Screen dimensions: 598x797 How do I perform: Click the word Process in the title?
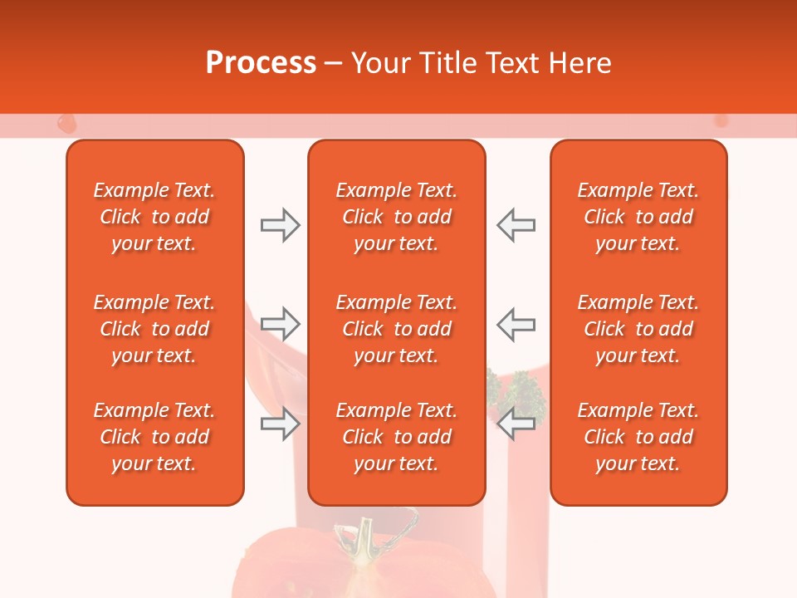pos(261,63)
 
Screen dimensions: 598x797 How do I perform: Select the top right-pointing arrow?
pos(280,225)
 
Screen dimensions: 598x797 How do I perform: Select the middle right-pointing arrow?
pos(280,323)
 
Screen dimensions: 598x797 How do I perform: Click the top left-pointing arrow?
pos(516,225)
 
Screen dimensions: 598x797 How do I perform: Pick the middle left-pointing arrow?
pos(516,323)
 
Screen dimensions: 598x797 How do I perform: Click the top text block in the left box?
pos(154,217)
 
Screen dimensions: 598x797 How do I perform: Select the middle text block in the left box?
pos(154,329)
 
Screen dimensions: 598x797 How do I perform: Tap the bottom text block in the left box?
pos(154,437)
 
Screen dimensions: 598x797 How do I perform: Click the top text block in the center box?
pos(396,217)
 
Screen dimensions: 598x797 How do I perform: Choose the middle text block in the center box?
pos(396,329)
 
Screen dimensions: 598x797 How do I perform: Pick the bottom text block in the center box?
pos(396,437)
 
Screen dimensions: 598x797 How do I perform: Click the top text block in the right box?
pos(638,217)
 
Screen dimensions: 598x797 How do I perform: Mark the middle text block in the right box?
pos(638,329)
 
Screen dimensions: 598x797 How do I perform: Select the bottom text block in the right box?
pos(638,437)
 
